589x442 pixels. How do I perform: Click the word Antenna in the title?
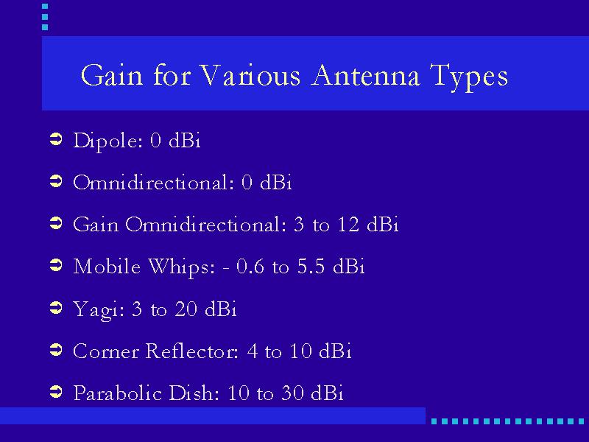pyautogui.click(x=365, y=75)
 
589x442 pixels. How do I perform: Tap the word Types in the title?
pyautogui.click(x=469, y=77)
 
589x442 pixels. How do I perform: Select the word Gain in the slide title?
pyautogui.click(x=112, y=75)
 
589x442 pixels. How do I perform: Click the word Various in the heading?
pyautogui.click(x=250, y=75)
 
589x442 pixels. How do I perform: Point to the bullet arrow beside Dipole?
pyautogui.click(x=56, y=140)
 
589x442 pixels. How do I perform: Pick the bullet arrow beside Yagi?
pyautogui.click(x=56, y=308)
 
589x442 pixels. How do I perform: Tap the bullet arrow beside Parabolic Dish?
pyautogui.click(x=56, y=392)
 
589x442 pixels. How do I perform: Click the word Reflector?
pyautogui.click(x=192, y=351)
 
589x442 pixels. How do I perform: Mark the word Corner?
pyautogui.click(x=106, y=351)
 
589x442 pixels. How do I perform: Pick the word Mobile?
pyautogui.click(x=107, y=267)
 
